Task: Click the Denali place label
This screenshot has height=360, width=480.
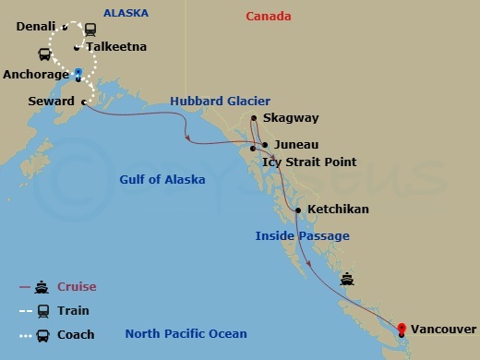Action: point(36,26)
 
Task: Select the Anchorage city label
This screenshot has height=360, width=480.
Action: point(36,74)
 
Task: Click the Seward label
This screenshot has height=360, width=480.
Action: point(52,101)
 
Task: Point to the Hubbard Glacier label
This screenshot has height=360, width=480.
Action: point(220,101)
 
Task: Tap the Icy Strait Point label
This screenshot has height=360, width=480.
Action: point(309,162)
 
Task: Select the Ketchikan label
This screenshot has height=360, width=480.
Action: point(338,210)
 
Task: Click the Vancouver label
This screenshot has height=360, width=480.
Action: point(443,329)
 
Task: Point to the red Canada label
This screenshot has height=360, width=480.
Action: point(269,17)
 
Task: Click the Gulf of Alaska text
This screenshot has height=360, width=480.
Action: point(162,180)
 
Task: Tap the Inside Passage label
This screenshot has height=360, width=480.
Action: point(302,236)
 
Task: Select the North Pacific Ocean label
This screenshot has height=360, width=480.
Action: point(186,333)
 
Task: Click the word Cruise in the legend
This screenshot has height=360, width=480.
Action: point(78,287)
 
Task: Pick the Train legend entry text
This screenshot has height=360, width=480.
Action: point(74,311)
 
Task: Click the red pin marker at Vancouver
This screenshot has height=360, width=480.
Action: point(402,327)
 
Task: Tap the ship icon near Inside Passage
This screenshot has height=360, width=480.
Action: point(347,279)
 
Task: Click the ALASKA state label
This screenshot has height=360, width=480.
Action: point(126,13)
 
